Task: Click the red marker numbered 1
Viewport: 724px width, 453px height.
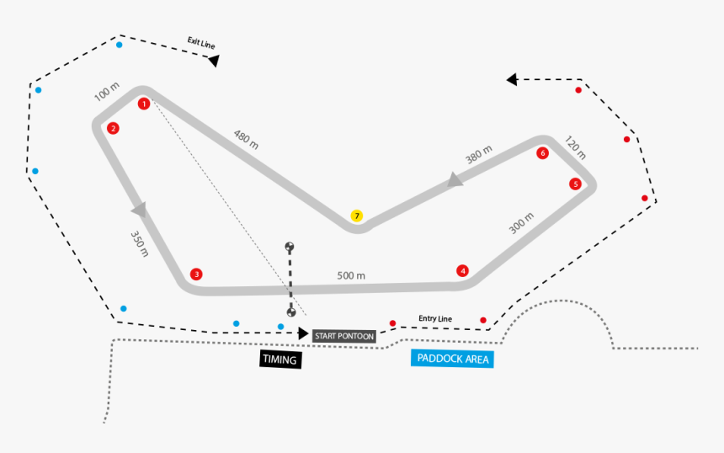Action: (144, 104)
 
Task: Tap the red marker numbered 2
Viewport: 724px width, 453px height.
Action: (113, 129)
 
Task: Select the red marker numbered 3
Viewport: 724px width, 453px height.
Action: (196, 274)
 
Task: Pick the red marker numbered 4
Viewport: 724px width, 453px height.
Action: (462, 270)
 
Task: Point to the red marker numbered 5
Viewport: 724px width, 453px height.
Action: (575, 184)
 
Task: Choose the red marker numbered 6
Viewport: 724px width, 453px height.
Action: (543, 153)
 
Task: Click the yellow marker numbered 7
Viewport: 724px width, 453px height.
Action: (357, 216)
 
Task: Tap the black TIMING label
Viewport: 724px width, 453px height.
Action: (280, 360)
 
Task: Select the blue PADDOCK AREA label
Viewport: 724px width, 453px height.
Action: (452, 359)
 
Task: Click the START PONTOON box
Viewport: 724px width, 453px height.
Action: (343, 336)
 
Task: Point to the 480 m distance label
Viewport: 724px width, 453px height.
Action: (246, 140)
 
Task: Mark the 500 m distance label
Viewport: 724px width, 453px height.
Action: (351, 275)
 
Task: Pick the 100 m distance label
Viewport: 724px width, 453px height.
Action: (107, 92)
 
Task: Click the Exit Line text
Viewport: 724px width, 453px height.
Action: (202, 43)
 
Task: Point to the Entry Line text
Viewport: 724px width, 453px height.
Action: (435, 318)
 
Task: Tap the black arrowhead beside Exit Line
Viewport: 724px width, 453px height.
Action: (214, 61)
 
